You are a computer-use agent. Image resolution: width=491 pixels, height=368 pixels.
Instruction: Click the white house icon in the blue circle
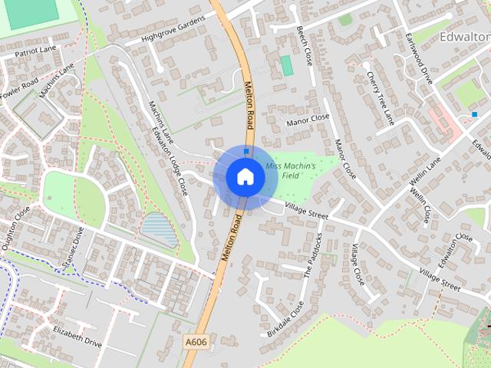coord(245,176)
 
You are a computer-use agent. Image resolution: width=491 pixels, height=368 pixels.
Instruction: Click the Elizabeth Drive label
coord(77,337)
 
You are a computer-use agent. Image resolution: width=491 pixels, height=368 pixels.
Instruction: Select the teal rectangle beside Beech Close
coord(287,66)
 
